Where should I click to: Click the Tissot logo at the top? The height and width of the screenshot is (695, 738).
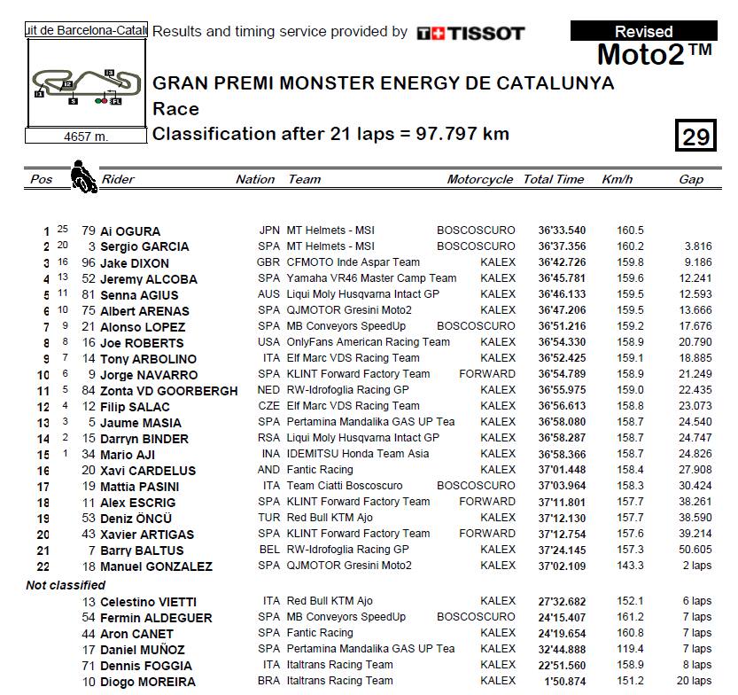(x=470, y=33)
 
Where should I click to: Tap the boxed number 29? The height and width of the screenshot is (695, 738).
(x=696, y=136)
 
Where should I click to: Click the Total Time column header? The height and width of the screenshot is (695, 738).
(x=554, y=179)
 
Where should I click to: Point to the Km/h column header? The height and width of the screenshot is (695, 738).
(x=618, y=179)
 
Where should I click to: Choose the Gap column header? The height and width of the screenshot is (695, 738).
(x=691, y=179)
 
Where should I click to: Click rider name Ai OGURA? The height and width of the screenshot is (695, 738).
(x=132, y=230)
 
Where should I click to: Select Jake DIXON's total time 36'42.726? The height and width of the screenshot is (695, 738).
(x=561, y=262)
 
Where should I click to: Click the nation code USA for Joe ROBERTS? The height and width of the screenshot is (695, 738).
(x=268, y=342)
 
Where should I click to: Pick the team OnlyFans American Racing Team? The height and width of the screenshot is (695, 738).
(x=368, y=342)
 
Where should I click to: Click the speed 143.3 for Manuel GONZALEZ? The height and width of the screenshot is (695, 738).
(x=630, y=566)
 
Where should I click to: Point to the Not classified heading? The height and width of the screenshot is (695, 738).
(x=66, y=585)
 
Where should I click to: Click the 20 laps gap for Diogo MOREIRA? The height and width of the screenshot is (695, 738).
(x=695, y=681)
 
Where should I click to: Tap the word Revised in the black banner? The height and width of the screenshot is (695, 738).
(x=643, y=32)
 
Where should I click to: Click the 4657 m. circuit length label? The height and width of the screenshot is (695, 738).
(x=86, y=137)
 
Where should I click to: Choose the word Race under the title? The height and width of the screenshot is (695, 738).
(x=175, y=109)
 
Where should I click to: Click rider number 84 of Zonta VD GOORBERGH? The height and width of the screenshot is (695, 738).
(x=88, y=390)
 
